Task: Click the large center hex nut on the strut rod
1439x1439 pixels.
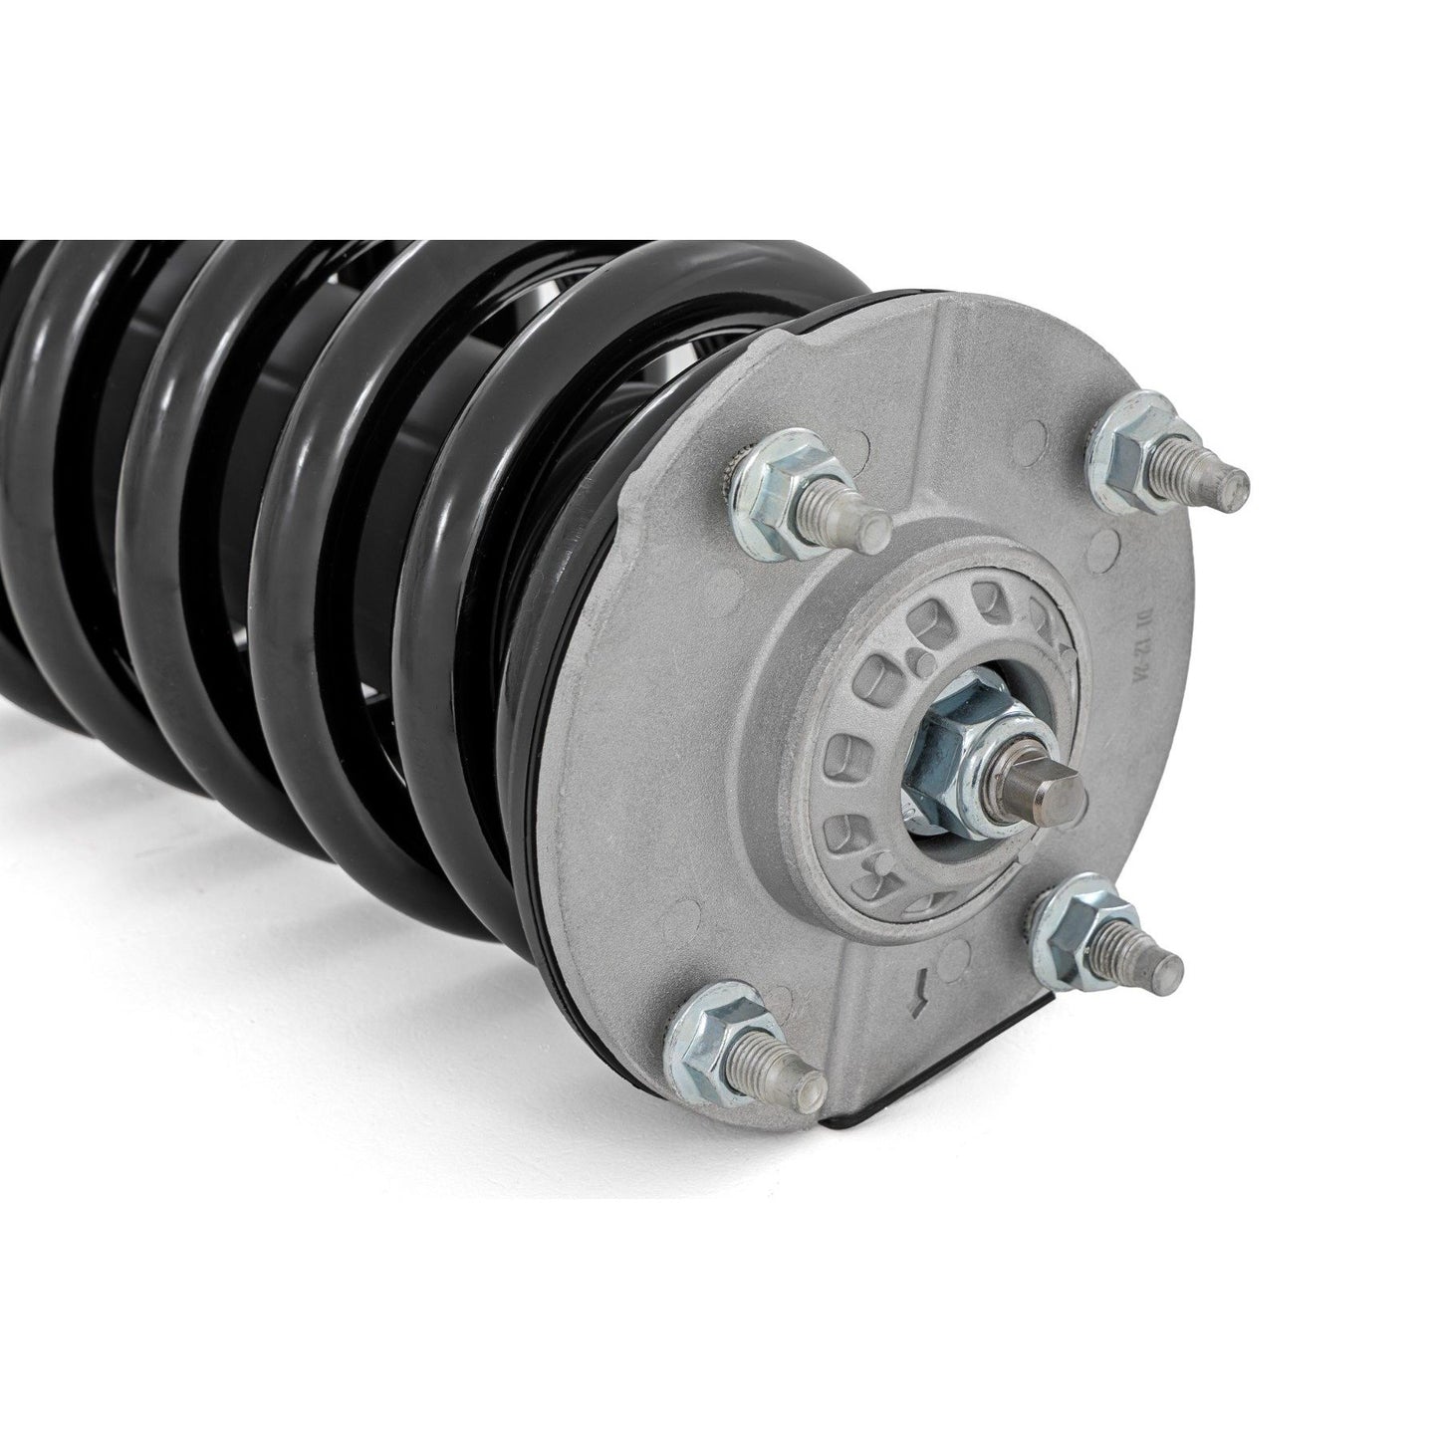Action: pyautogui.click(x=956, y=748)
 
